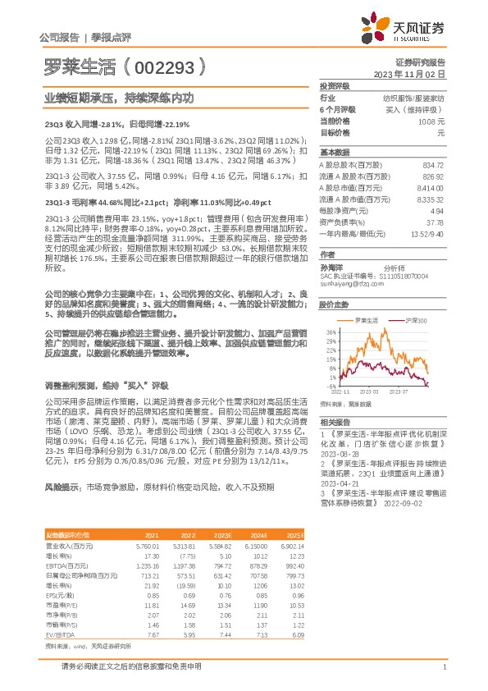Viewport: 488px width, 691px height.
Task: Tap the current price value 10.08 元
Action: point(431,121)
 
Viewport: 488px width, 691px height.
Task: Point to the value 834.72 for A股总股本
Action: point(431,165)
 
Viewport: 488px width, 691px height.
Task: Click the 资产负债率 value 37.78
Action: point(436,222)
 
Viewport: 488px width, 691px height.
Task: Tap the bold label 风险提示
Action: point(62,487)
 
